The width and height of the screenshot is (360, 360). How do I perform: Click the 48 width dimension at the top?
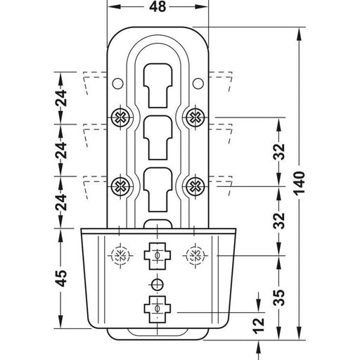(157, 7)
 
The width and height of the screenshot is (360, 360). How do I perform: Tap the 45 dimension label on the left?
(61, 278)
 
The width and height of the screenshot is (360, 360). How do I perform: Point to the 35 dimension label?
(279, 297)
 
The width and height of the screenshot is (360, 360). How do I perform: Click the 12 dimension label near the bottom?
(259, 326)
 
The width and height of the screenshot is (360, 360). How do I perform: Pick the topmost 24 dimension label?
(61, 98)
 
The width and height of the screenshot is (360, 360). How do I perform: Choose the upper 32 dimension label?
(279, 152)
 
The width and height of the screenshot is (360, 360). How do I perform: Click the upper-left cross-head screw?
(121, 117)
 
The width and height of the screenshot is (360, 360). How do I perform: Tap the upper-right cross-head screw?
(195, 117)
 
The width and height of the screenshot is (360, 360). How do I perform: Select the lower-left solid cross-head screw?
(121, 186)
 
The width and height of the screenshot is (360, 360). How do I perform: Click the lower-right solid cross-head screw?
(195, 186)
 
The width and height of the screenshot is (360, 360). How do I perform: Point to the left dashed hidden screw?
(120, 255)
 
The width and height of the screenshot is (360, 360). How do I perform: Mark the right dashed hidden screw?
(195, 255)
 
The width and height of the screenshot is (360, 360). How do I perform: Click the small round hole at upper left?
(117, 83)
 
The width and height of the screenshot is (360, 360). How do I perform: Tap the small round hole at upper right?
(198, 83)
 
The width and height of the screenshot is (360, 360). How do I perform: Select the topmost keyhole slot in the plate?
(157, 86)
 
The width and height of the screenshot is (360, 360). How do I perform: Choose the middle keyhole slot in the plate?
(157, 138)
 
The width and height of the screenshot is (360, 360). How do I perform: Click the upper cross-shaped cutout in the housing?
(157, 255)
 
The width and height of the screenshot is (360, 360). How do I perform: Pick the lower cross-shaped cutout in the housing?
(157, 309)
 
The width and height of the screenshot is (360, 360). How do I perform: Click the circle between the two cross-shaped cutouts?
(157, 284)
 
